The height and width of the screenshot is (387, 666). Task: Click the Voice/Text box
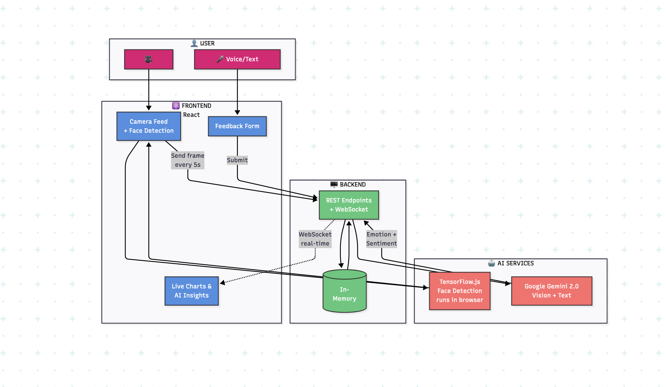click(x=237, y=59)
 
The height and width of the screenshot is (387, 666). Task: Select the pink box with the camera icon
click(x=149, y=59)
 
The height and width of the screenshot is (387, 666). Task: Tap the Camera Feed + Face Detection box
click(x=149, y=126)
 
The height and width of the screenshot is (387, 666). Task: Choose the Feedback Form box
click(x=237, y=126)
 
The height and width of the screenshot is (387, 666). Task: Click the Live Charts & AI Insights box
click(x=192, y=291)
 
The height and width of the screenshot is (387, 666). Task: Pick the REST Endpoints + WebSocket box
click(x=349, y=205)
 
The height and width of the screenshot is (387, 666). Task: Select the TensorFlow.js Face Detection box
click(x=460, y=291)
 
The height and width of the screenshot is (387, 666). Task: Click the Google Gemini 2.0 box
click(x=552, y=291)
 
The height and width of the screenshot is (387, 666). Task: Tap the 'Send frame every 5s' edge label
click(x=188, y=160)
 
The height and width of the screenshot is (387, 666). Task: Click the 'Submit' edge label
click(x=237, y=160)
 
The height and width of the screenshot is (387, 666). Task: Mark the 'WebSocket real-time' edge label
click(x=315, y=239)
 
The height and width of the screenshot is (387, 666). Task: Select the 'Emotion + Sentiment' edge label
click(x=382, y=239)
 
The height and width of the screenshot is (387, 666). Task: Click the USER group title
click(x=207, y=44)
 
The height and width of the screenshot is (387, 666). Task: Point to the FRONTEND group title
click(x=196, y=106)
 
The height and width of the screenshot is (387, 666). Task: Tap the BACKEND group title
click(x=353, y=185)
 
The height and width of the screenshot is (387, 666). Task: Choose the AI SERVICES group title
click(x=515, y=263)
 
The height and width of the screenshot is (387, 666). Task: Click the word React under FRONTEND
click(x=191, y=115)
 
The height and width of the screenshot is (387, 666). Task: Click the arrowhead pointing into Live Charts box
click(x=223, y=283)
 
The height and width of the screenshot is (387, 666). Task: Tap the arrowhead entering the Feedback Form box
click(x=237, y=113)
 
